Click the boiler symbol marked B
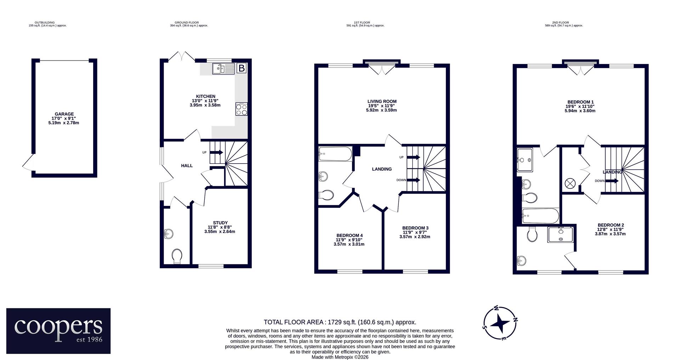tap(242, 68)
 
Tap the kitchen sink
tap(223, 68)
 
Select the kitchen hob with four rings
tap(242, 109)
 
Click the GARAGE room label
tap(64, 114)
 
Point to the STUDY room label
tap(220, 223)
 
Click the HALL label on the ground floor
tap(187, 166)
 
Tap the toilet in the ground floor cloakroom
tap(177, 256)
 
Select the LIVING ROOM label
tap(382, 102)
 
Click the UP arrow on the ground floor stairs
tap(216, 153)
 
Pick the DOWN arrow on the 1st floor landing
tap(414, 180)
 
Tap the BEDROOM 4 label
tap(350, 235)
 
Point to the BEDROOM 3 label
tap(415, 228)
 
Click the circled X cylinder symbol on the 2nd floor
tap(570, 183)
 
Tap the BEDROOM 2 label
tap(611, 225)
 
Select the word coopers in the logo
tap(58, 327)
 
